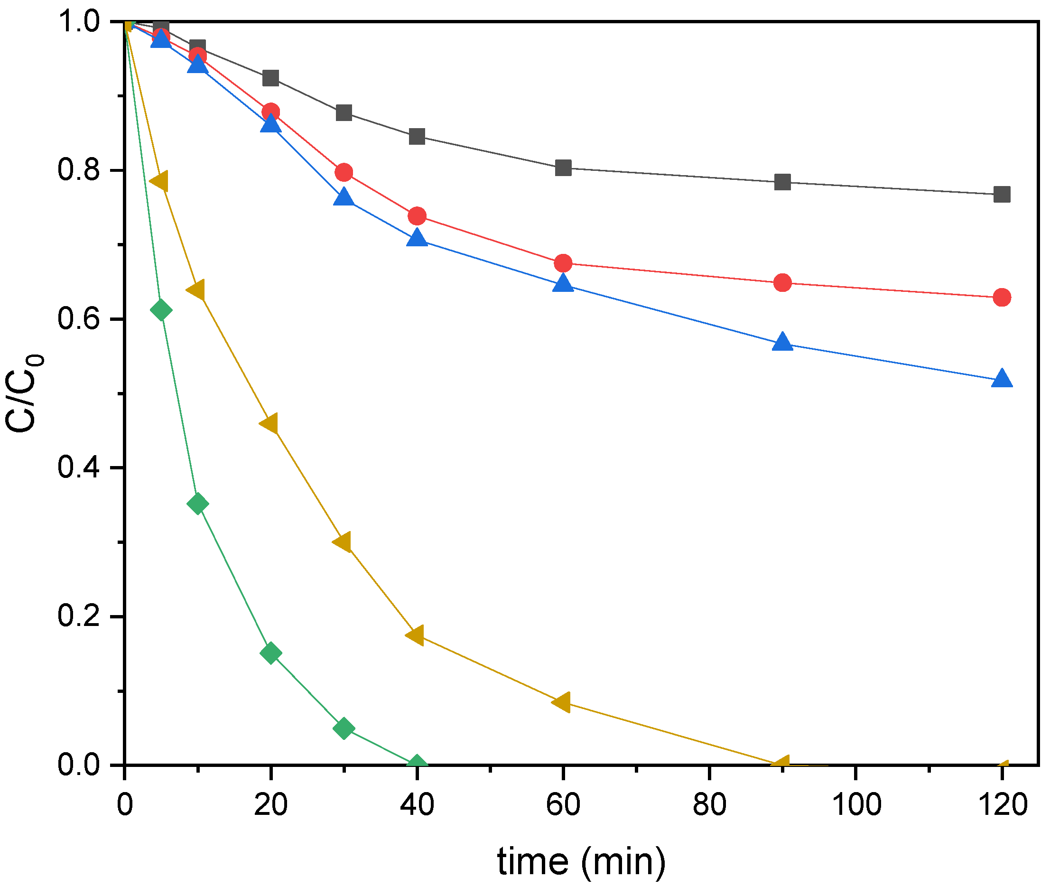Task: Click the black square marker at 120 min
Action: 1002,194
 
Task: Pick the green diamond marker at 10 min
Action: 197,504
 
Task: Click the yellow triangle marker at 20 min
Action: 269,423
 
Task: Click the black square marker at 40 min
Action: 417,136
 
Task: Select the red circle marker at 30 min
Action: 344,172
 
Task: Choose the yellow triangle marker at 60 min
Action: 562,701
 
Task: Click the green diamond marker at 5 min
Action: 161,310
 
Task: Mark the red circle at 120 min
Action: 1002,297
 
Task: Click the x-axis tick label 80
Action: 709,804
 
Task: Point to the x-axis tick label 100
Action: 856,804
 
